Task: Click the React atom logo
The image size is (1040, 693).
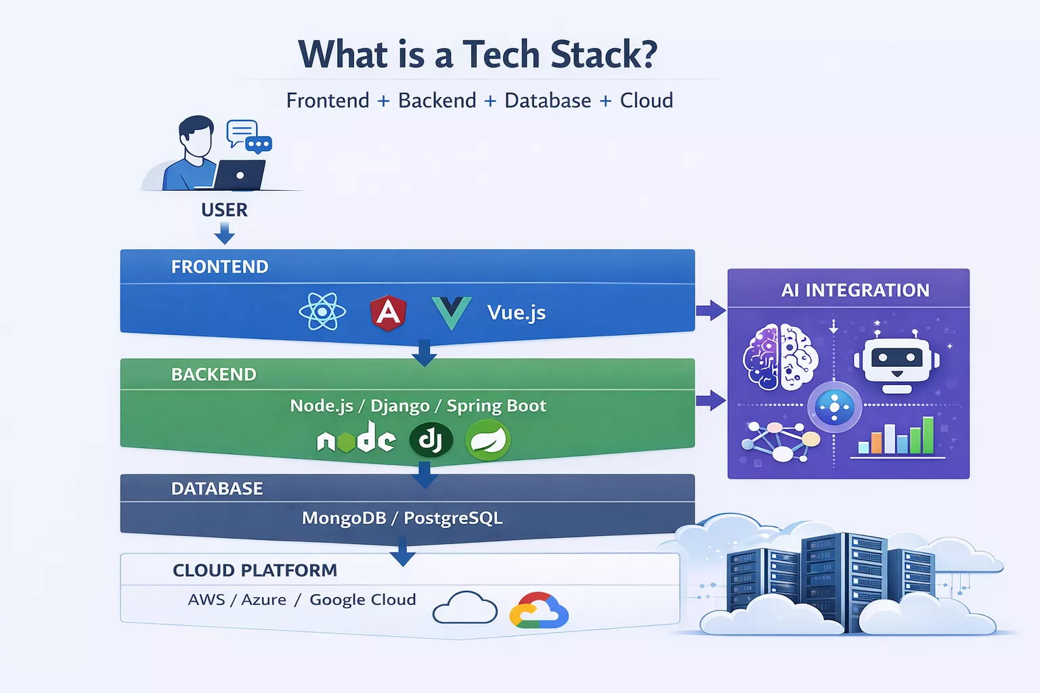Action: tap(322, 311)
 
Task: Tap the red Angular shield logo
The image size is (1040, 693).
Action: tap(388, 312)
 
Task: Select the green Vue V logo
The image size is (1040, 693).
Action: tap(451, 313)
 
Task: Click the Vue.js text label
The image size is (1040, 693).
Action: tap(516, 312)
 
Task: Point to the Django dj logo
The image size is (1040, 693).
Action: tap(431, 441)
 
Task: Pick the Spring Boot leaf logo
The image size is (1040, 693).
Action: tap(487, 441)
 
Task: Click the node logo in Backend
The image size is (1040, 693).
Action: tap(356, 439)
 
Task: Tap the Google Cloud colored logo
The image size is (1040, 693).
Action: tap(539, 610)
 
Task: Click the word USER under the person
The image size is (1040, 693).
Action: tap(224, 210)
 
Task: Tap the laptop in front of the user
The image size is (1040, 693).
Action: tap(239, 175)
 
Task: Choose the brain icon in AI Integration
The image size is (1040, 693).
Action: tap(780, 357)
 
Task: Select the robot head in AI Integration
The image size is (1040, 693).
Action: tap(896, 360)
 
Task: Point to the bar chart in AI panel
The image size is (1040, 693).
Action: tap(896, 437)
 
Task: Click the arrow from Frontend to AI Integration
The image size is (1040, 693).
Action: tap(710, 311)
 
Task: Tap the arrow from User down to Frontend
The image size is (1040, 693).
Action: tap(224, 234)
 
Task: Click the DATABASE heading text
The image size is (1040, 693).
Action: tap(217, 489)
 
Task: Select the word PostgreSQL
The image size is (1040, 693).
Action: tap(453, 518)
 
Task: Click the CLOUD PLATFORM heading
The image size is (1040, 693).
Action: tap(255, 571)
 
